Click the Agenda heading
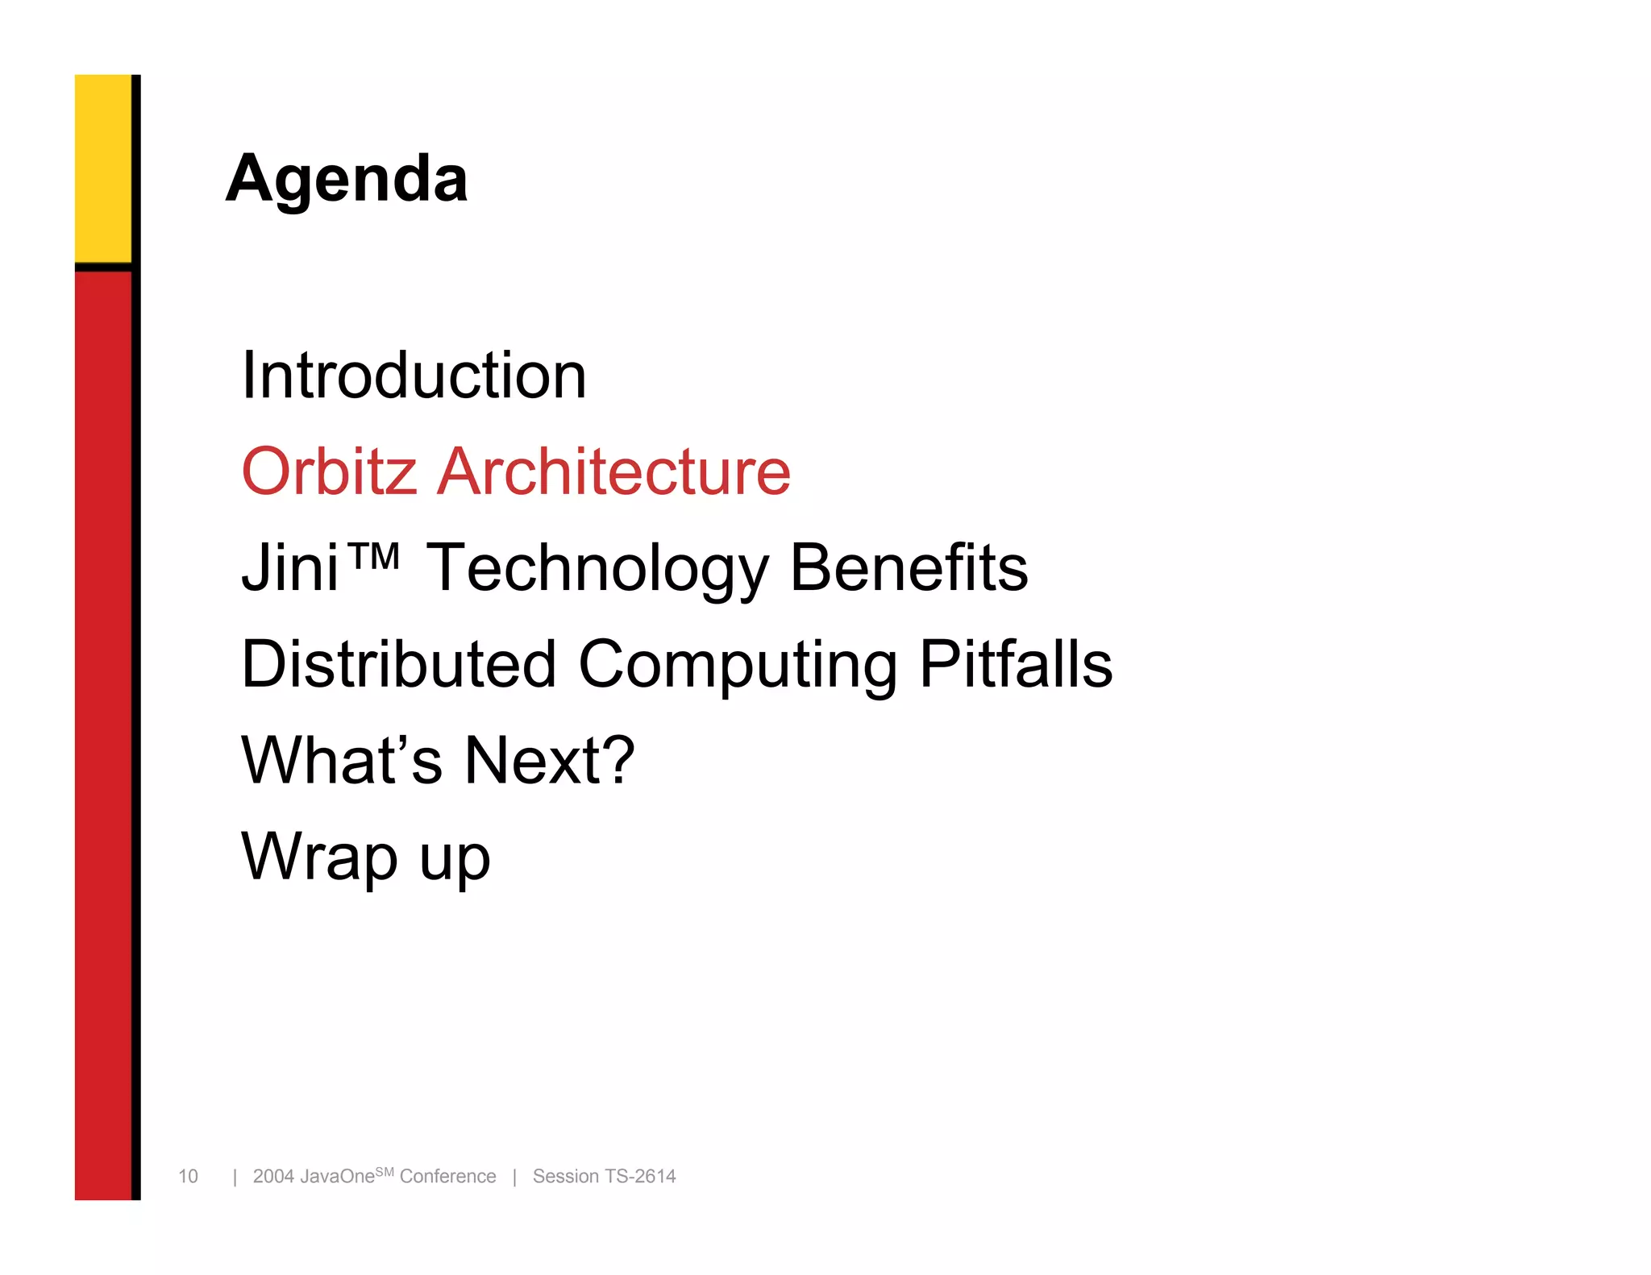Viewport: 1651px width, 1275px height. [x=347, y=179]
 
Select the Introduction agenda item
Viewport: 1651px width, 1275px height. [x=414, y=376]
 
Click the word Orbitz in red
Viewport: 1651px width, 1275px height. [x=329, y=471]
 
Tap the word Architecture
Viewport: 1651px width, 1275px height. [x=613, y=471]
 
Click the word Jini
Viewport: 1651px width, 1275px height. [x=289, y=568]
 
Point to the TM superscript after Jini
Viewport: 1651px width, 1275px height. [x=373, y=555]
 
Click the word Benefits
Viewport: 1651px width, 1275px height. [x=909, y=568]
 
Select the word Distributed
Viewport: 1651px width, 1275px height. [x=399, y=664]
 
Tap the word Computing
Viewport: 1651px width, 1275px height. [x=738, y=666]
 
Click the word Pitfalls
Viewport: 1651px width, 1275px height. [x=1016, y=664]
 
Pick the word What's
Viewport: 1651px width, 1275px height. [x=342, y=760]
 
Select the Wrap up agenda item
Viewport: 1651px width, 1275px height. [x=365, y=858]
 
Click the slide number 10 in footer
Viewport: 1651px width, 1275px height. [x=188, y=1176]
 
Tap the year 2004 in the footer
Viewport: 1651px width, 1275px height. [x=273, y=1176]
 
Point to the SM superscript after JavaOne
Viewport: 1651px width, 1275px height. [x=385, y=1171]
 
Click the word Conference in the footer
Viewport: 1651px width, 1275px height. [x=447, y=1176]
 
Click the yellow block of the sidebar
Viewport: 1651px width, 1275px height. [x=103, y=168]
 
